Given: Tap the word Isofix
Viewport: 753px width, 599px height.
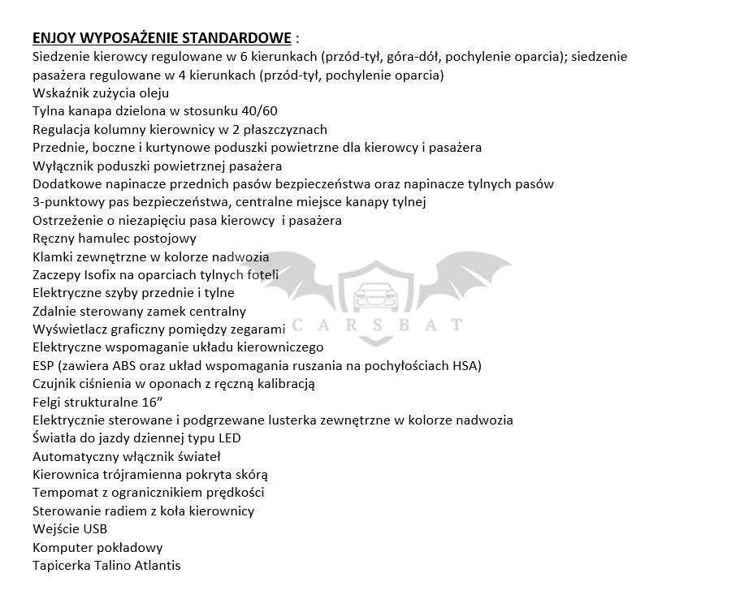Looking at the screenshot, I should coord(110,275).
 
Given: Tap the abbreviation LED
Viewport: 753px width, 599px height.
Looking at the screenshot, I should coord(228,438).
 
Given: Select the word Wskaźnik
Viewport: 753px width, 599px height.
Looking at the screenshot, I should coord(58,93).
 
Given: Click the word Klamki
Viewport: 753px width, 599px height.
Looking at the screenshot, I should coord(53,257).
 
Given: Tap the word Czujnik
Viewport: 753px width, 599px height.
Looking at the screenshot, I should coord(55,384).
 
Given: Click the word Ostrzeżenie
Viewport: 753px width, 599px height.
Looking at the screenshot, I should coord(70,221).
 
